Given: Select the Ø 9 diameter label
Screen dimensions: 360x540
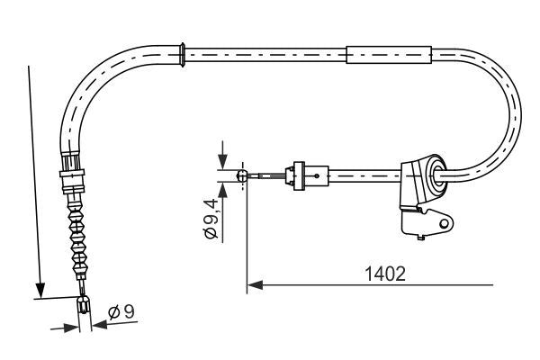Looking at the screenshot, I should (x=121, y=313).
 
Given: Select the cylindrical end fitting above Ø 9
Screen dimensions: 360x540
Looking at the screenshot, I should (x=85, y=307).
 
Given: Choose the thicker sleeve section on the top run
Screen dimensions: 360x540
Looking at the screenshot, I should (x=388, y=54).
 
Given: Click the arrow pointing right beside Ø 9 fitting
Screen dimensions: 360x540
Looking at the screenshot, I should (x=70, y=328).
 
